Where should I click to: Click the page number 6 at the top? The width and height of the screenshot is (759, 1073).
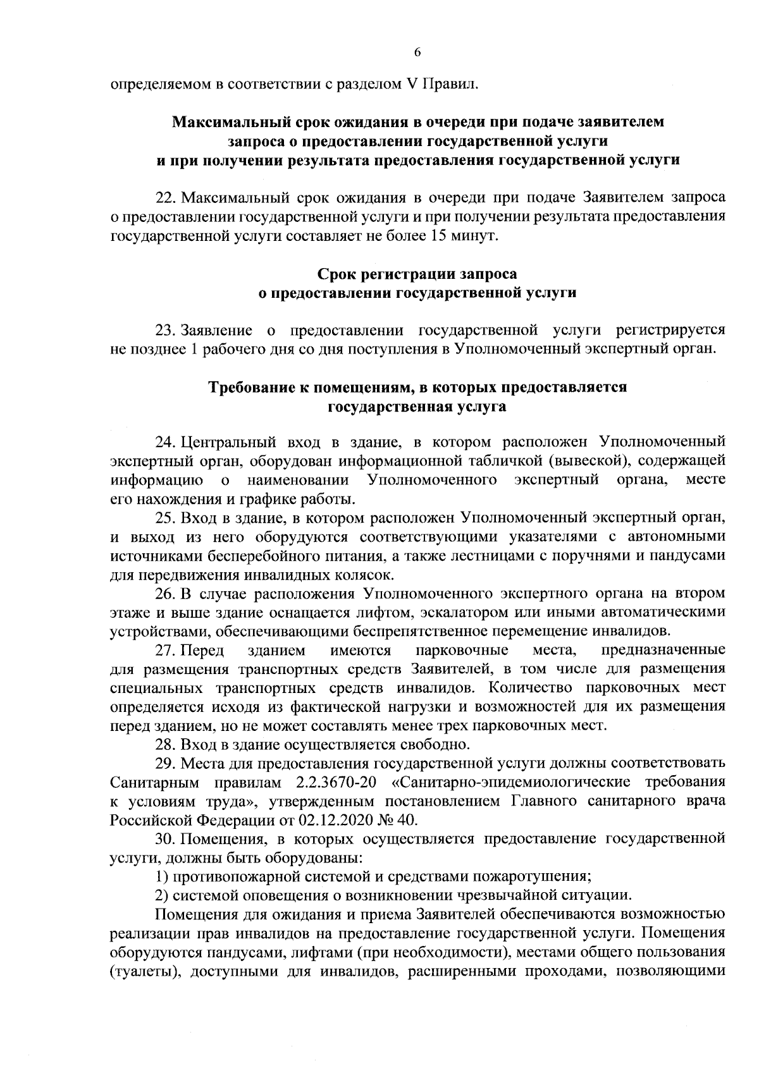pos(417,52)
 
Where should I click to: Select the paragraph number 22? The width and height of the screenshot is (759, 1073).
pos(164,197)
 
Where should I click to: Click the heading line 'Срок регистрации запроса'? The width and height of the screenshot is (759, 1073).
pos(416,274)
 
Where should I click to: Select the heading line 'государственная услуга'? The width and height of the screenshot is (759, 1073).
pos(416,407)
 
